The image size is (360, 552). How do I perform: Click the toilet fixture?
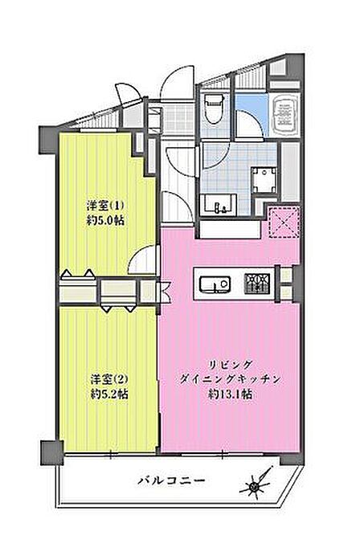click(x=214, y=108)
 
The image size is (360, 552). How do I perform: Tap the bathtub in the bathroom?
click(x=286, y=113)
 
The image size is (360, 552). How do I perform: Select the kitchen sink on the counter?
click(x=215, y=284)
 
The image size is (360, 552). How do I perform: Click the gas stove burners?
click(x=258, y=284)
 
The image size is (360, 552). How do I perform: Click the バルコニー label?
click(x=171, y=480)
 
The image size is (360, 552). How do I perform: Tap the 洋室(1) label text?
click(x=106, y=205)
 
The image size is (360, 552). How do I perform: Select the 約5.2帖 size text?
click(x=108, y=395)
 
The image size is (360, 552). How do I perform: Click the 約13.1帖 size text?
click(x=231, y=394)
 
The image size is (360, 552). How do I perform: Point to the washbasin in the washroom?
click(x=219, y=204)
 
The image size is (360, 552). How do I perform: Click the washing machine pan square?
click(x=264, y=180)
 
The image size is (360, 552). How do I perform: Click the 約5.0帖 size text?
click(x=105, y=221)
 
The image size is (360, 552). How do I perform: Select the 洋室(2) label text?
click(x=108, y=379)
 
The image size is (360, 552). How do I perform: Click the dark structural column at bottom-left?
click(x=51, y=452)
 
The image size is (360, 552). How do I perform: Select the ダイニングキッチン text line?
click(x=231, y=378)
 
